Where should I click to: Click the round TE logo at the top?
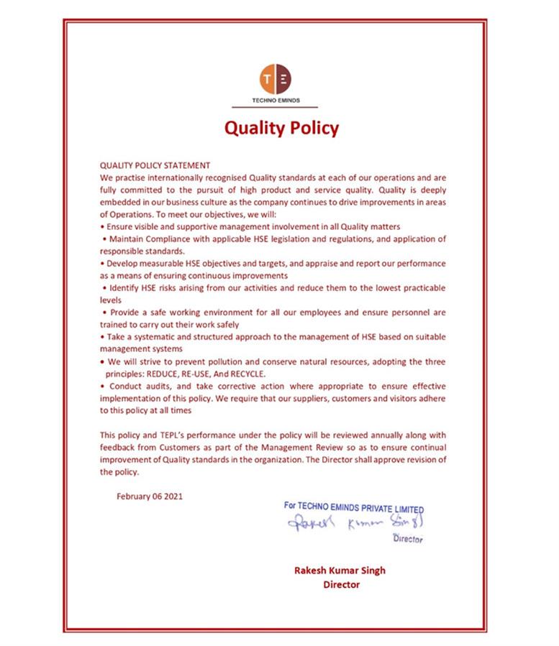tap(276, 77)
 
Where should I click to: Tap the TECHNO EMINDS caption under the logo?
tap(276, 100)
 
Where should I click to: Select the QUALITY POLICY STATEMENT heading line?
tap(155, 165)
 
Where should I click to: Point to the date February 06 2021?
tap(150, 495)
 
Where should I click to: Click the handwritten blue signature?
tap(353, 522)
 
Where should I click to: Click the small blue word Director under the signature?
tap(407, 539)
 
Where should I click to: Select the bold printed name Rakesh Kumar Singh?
tap(340, 570)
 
